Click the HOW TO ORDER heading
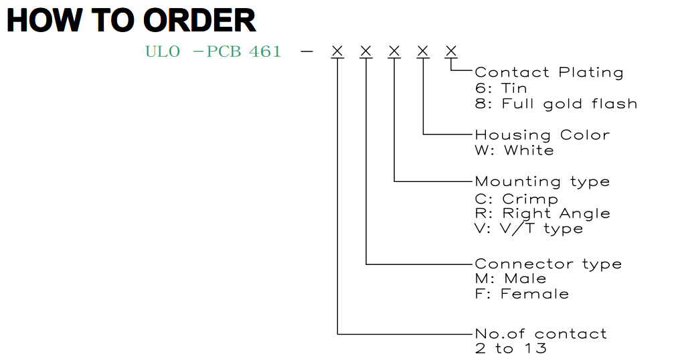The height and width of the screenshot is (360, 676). tap(131, 21)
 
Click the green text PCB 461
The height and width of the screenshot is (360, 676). tap(244, 52)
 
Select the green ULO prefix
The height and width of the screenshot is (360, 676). tap(163, 52)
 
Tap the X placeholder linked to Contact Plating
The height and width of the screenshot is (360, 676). tap(451, 51)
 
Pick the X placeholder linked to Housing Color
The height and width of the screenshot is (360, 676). tap(423, 51)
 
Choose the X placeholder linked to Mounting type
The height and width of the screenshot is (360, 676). tap(394, 51)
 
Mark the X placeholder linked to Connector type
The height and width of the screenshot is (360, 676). tap(365, 51)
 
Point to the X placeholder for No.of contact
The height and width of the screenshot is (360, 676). tap(337, 51)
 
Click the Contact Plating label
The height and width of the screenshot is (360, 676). tap(549, 72)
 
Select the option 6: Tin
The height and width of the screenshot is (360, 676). tap(501, 88)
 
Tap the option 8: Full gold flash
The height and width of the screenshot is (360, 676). tap(556, 104)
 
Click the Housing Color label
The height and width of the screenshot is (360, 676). tap(542, 135)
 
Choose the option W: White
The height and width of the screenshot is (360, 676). tap(514, 151)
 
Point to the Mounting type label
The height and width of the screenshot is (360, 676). tap(542, 181)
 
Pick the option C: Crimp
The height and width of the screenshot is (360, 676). tap(517, 199)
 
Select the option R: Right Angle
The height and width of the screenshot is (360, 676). tap(542, 213)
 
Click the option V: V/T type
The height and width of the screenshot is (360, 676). tap(529, 228)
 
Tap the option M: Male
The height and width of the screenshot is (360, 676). tap(511, 278)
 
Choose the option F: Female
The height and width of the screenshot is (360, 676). tap(521, 294)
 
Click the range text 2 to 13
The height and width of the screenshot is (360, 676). tap(511, 348)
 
